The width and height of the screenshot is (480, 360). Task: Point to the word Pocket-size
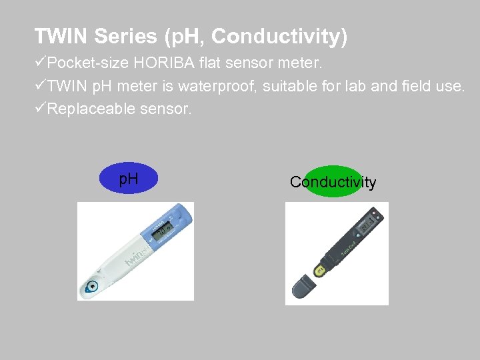(89, 64)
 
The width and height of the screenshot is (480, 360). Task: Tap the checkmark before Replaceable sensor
(41, 108)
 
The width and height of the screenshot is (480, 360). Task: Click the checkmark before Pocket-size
(41, 64)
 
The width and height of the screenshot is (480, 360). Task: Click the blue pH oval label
(129, 179)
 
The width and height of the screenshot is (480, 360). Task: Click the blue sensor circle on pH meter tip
(92, 287)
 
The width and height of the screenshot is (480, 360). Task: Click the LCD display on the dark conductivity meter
(366, 227)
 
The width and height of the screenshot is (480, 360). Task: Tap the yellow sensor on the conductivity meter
(320, 269)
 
